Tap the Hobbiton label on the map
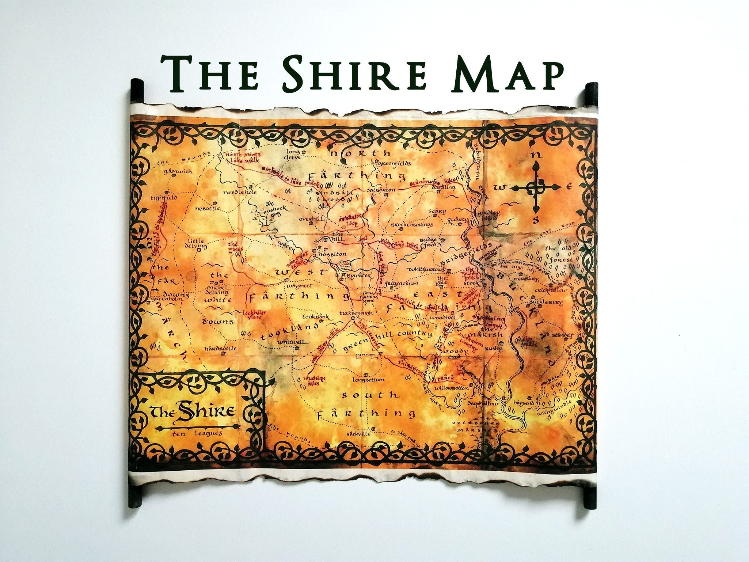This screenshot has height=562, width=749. pyautogui.click(x=332, y=254)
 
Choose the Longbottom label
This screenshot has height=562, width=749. pyautogui.click(x=368, y=380)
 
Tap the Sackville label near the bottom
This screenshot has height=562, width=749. pyautogui.click(x=360, y=434)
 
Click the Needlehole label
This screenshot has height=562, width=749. pyautogui.click(x=240, y=192)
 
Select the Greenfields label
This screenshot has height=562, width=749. pyautogui.click(x=395, y=164)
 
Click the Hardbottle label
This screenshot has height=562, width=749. pyautogui.click(x=220, y=348)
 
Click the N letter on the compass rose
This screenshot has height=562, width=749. pyautogui.click(x=536, y=155)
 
